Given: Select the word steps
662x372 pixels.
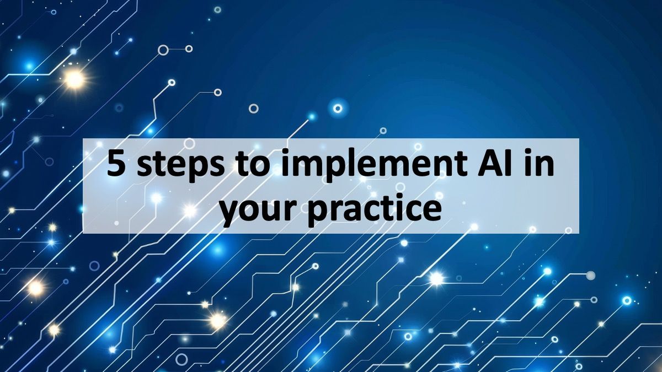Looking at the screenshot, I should (x=172, y=165).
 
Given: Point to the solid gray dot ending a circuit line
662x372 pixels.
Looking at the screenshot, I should (x=590, y=275).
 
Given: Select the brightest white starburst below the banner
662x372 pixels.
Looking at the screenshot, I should (x=436, y=279).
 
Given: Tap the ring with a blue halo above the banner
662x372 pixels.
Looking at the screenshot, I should (x=338, y=107).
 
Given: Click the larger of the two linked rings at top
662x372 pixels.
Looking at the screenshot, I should (x=163, y=50).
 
